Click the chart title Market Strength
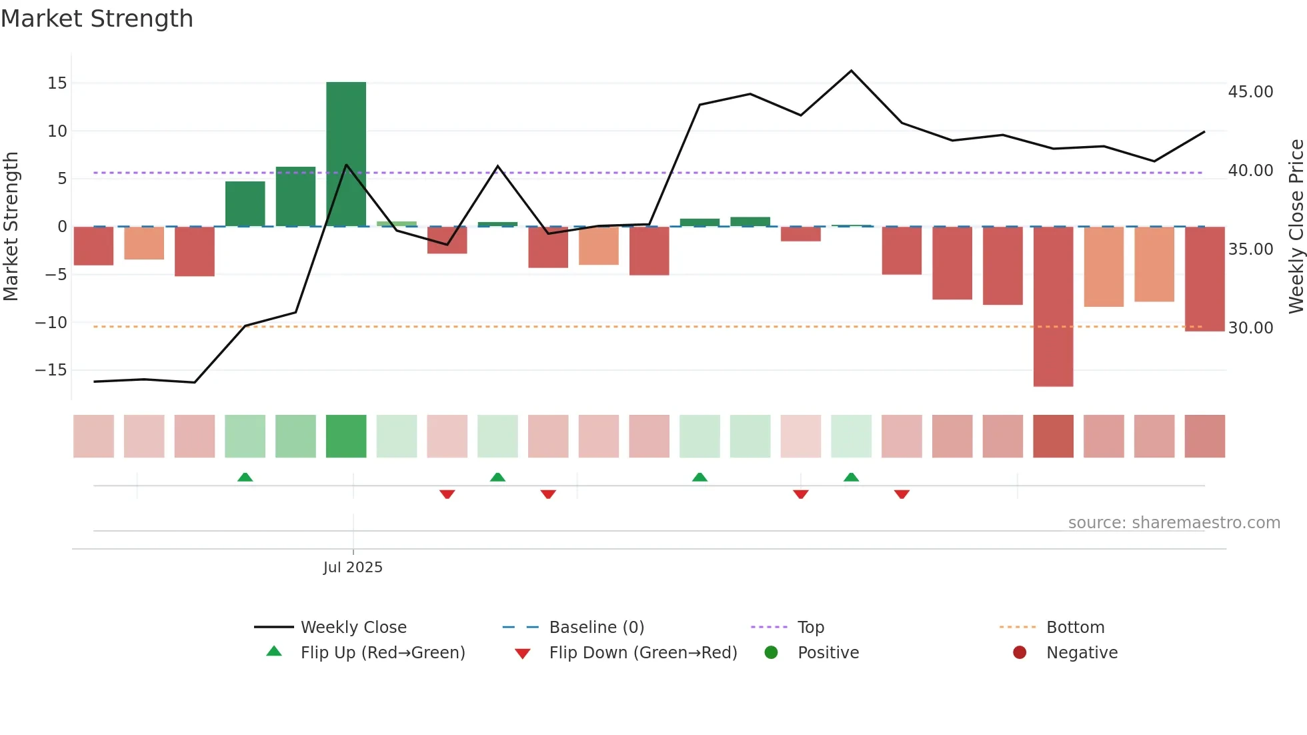(x=97, y=19)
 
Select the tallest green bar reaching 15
(x=346, y=154)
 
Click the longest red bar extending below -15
(x=1053, y=306)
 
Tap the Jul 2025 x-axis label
(x=353, y=568)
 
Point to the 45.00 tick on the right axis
(x=1250, y=92)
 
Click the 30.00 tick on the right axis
(x=1250, y=328)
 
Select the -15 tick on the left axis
(x=51, y=370)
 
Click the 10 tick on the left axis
(x=57, y=131)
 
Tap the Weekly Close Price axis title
(x=1296, y=226)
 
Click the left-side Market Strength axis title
(x=11, y=226)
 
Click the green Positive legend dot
(x=772, y=653)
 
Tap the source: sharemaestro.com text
(x=1174, y=523)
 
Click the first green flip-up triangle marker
(x=245, y=478)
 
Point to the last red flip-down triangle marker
(x=902, y=494)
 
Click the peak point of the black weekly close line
(x=852, y=71)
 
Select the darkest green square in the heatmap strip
(x=346, y=436)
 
